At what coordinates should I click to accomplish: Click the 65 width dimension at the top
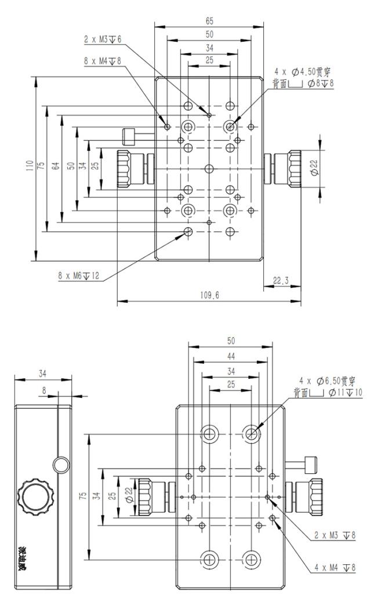(x=209, y=21)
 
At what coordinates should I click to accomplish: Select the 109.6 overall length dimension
(x=209, y=296)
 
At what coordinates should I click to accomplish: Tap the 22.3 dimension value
(x=281, y=281)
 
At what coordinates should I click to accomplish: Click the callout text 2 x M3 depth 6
(x=103, y=39)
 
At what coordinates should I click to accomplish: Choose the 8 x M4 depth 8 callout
(x=103, y=61)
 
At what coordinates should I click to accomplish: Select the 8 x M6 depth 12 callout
(x=79, y=276)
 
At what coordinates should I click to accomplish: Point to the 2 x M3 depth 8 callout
(x=335, y=535)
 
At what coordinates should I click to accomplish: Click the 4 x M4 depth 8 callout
(x=335, y=567)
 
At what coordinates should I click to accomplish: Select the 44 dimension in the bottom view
(x=231, y=356)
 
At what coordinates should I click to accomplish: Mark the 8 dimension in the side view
(x=44, y=391)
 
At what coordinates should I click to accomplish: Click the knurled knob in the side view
(x=35, y=496)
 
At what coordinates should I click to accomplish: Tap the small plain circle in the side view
(x=61, y=465)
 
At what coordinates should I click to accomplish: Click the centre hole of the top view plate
(x=209, y=169)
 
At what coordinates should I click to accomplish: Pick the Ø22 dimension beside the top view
(x=315, y=169)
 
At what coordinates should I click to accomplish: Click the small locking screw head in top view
(x=129, y=136)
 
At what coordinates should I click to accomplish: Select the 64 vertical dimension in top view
(x=56, y=166)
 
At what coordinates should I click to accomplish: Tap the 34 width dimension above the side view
(x=42, y=373)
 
